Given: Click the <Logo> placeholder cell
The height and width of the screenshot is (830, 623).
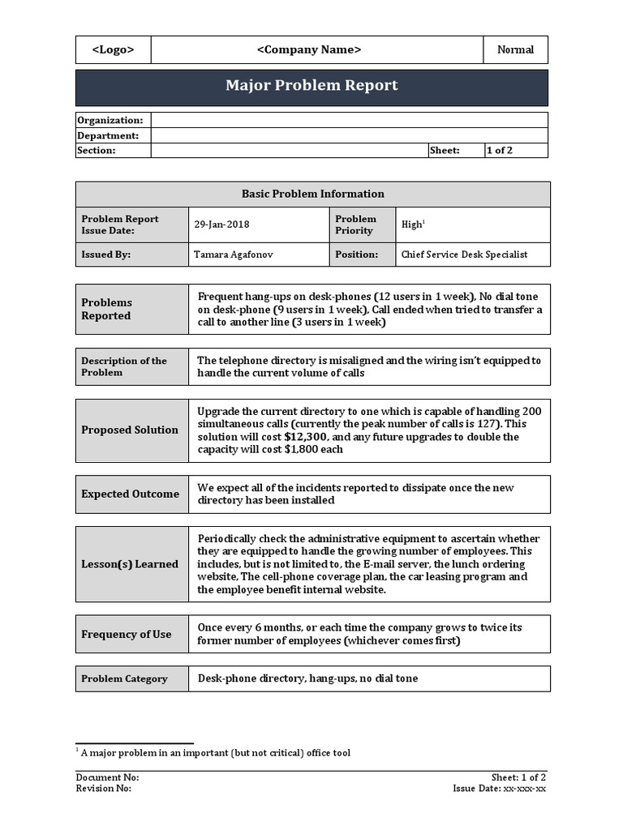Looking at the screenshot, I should point(113,49).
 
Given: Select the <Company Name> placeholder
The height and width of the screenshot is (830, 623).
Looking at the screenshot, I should point(309,49).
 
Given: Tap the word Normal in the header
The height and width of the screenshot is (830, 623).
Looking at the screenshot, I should point(515,49).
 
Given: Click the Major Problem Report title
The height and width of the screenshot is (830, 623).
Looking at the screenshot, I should point(311,85).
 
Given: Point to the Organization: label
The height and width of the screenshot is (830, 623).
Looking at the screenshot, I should point(110,120).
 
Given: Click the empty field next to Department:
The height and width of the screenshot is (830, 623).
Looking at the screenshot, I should point(349,135).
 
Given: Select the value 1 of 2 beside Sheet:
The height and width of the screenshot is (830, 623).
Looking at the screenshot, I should point(500,150).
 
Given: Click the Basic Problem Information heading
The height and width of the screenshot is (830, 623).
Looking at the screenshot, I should point(312,194).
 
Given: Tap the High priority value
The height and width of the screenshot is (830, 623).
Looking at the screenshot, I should point(411,225).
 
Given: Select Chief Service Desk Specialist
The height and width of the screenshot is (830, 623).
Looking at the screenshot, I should point(464,255).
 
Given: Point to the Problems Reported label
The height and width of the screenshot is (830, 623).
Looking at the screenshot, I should point(106,309).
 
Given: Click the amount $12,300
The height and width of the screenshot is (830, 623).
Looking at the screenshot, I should point(307,437).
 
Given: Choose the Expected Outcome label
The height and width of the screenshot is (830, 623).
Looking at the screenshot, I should point(130,494).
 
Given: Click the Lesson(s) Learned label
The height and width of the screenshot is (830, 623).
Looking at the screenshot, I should point(130,564).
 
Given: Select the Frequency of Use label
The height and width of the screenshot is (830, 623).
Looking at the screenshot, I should point(126,634).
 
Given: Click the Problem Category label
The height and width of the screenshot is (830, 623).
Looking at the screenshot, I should point(124,678).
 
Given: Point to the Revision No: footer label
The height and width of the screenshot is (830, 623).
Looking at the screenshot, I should point(103,788).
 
